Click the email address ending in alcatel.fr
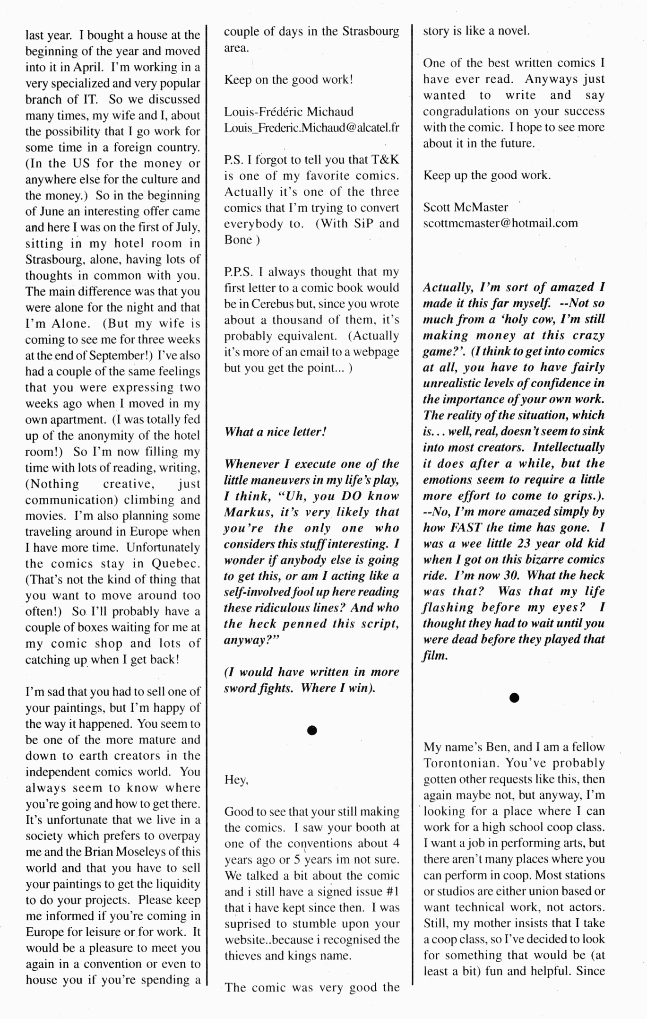coord(311,128)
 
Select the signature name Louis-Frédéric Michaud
coord(289,112)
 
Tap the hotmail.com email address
coord(500,223)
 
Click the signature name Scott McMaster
coord(466,207)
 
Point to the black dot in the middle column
coord(311,731)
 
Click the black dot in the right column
coord(514,698)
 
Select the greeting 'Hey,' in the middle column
coord(236,780)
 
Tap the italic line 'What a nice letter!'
coord(275,432)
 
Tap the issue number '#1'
coord(392,891)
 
